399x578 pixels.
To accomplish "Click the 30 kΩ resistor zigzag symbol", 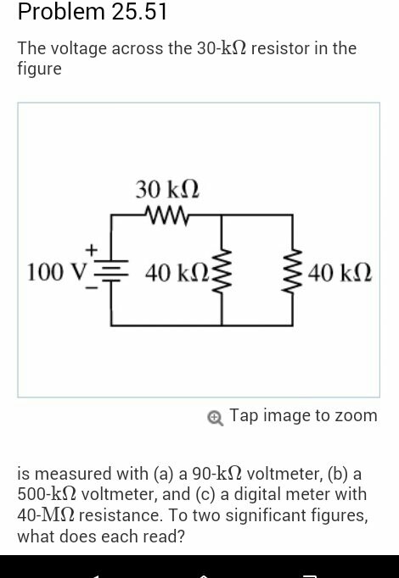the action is [x=167, y=215].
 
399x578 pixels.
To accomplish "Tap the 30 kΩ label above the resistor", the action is [x=167, y=190].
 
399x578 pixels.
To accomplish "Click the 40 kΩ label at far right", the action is [x=340, y=274].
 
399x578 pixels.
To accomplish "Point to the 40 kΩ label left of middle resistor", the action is [x=177, y=274].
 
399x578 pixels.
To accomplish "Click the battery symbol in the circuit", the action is [x=111, y=272].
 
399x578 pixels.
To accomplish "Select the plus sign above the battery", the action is [x=91, y=250].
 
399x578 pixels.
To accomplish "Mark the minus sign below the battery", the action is [x=92, y=288].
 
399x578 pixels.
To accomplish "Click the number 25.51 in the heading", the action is [x=139, y=12].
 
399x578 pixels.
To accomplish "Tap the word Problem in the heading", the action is [x=62, y=12].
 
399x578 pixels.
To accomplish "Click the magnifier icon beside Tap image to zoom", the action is [x=215, y=419].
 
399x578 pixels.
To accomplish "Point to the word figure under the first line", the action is [x=40, y=69].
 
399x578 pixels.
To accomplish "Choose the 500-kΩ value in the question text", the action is [x=48, y=494].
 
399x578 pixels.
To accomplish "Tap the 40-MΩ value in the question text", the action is [x=46, y=515].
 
